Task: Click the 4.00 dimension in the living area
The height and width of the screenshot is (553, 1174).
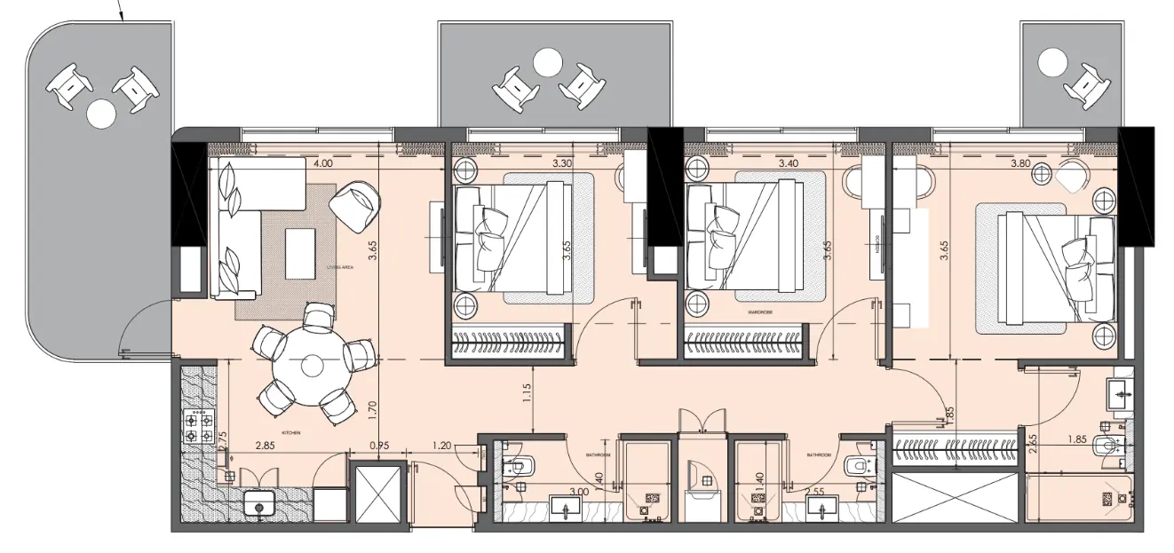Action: coord(323,163)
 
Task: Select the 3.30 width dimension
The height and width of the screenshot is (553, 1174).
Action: coord(561,163)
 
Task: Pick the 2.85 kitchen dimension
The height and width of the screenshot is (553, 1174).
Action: coord(263,446)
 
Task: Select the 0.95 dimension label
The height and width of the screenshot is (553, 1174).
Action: coord(379,446)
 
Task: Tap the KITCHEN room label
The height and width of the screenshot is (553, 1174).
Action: coord(290,432)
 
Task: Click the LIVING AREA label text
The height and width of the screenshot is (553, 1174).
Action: coord(341,265)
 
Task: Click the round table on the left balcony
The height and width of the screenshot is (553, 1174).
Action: coord(100,113)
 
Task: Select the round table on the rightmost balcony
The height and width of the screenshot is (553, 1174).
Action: coord(1053,62)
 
